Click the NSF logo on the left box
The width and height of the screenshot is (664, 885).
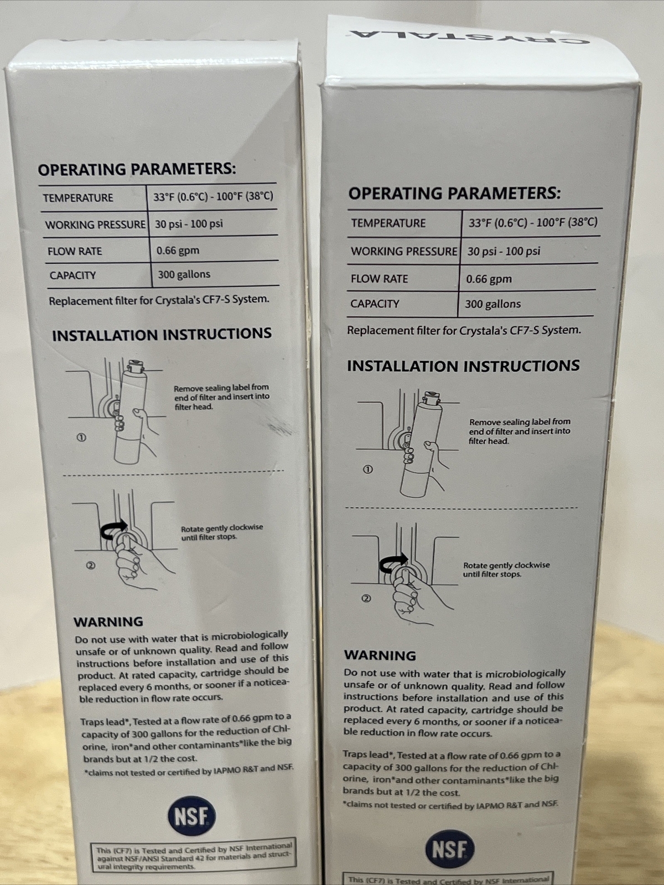pyautogui.click(x=191, y=816)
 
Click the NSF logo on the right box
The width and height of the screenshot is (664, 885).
pyautogui.click(x=449, y=849)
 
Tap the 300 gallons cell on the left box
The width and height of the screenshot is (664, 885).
pyautogui.click(x=184, y=274)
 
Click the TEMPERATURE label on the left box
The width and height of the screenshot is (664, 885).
pyautogui.click(x=78, y=197)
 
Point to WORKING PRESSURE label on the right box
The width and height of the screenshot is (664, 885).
pyautogui.click(x=404, y=251)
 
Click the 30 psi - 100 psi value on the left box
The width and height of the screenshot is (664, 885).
pyautogui.click(x=189, y=224)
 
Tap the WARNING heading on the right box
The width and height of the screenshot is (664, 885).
pyautogui.click(x=380, y=655)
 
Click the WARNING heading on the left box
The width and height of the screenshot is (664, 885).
pyautogui.click(x=108, y=622)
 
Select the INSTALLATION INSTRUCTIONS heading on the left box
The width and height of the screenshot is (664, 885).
pyautogui.click(x=162, y=334)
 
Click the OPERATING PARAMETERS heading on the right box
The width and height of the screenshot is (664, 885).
pyautogui.click(x=454, y=193)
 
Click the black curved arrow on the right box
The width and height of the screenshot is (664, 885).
pyautogui.click(x=393, y=563)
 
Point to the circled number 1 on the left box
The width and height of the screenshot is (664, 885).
pyautogui.click(x=81, y=438)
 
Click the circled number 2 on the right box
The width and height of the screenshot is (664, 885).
pyautogui.click(x=366, y=598)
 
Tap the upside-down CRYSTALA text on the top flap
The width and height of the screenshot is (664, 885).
pyautogui.click(x=468, y=35)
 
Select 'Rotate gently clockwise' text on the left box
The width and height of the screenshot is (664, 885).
pyautogui.click(x=221, y=528)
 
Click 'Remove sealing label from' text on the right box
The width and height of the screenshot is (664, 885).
pyautogui.click(x=520, y=421)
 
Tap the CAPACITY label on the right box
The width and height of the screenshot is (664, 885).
pyautogui.click(x=375, y=304)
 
